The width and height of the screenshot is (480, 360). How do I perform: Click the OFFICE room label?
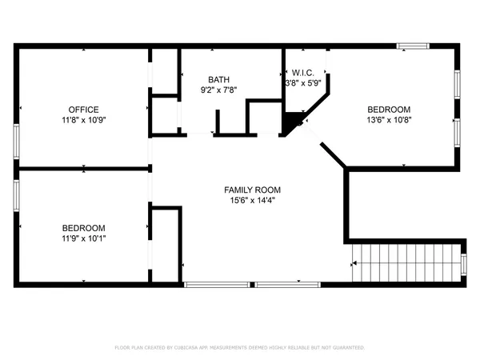(83, 110)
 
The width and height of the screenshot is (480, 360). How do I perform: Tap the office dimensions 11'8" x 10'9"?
(83, 120)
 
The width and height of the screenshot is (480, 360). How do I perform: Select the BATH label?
(218, 79)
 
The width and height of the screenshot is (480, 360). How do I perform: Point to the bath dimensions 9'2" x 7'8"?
(218, 90)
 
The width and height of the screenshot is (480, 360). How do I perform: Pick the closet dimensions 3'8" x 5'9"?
(302, 82)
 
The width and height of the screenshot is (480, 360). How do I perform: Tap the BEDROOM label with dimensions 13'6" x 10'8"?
(389, 110)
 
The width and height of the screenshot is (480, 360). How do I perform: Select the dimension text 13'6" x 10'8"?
(389, 120)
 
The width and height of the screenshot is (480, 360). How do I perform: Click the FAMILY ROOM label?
(252, 190)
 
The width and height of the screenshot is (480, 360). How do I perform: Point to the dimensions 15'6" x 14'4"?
(252, 200)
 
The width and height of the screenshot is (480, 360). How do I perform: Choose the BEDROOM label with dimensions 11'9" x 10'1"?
(83, 227)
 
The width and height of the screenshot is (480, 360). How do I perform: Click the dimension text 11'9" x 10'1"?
(83, 238)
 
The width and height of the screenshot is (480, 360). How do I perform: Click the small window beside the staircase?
(465, 263)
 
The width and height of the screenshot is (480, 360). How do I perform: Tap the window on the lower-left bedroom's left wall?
(16, 195)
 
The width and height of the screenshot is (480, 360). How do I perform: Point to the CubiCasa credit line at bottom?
(240, 348)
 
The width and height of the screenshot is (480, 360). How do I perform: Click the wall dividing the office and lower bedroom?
(84, 169)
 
